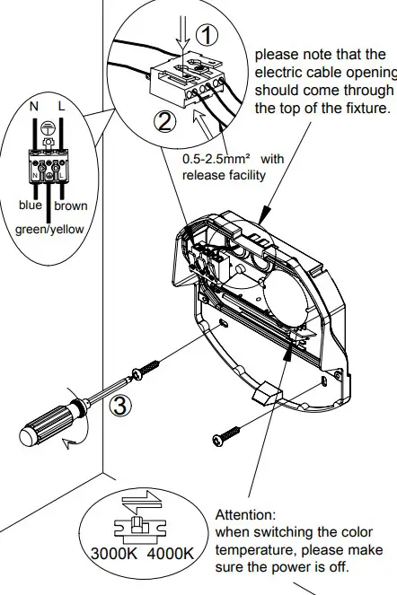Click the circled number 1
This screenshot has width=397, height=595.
[x=207, y=35]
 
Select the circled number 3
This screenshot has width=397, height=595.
[x=120, y=405]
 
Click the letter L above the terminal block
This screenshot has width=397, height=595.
[x=61, y=107]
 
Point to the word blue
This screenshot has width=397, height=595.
[x=31, y=205]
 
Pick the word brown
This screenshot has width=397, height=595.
[x=71, y=206]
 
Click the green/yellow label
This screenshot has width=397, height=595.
[x=49, y=229]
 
